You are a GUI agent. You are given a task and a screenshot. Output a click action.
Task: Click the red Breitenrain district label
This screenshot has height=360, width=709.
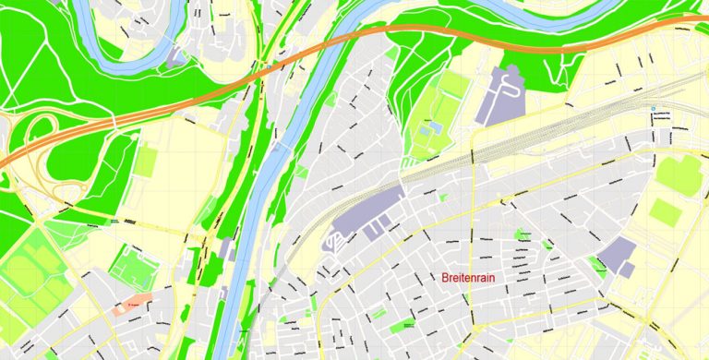click(x=474, y=277)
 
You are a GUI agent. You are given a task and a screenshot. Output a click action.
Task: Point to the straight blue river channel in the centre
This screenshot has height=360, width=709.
click(x=263, y=185)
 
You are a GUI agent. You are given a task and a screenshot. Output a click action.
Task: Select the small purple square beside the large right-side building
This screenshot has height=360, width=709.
click(x=627, y=270)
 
